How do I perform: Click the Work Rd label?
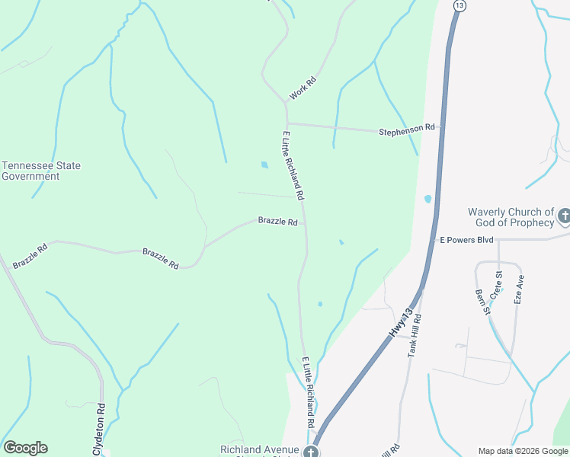pos(303,89)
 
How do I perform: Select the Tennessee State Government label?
pos(41,171)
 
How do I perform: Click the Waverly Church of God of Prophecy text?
pos(511,217)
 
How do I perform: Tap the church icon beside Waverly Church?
pos(564,216)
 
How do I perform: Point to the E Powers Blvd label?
pos(466,239)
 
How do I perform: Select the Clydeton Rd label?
pos(98,429)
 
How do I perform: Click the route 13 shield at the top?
pos(459,5)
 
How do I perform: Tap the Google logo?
pos(25,448)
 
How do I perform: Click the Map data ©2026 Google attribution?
pos(523,451)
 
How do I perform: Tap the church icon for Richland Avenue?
pos(310,452)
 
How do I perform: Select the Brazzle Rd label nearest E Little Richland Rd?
pos(277,222)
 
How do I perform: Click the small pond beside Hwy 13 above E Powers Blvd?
pos(427,200)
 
